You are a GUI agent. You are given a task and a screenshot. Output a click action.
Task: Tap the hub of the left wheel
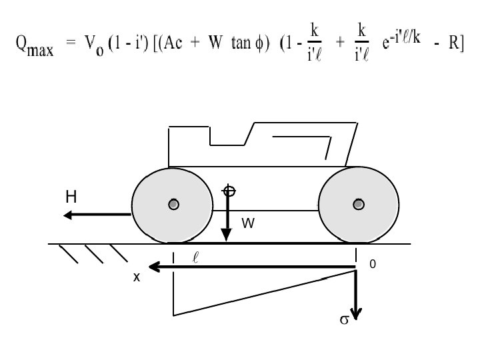[x=173, y=205]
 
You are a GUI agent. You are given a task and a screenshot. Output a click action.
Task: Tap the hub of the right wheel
[x=359, y=204]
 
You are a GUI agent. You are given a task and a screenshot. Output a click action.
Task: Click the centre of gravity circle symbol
[x=228, y=190]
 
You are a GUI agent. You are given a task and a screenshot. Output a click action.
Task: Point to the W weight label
[x=248, y=224]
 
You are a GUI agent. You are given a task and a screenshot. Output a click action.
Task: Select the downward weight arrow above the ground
[x=227, y=220]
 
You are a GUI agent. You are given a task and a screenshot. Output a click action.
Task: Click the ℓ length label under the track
[x=196, y=255]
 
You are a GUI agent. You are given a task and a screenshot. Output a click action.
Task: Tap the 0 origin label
[x=373, y=265]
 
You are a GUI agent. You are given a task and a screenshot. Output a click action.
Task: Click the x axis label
[x=136, y=277]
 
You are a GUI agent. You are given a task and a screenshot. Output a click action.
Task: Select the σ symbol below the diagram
[x=345, y=320]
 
